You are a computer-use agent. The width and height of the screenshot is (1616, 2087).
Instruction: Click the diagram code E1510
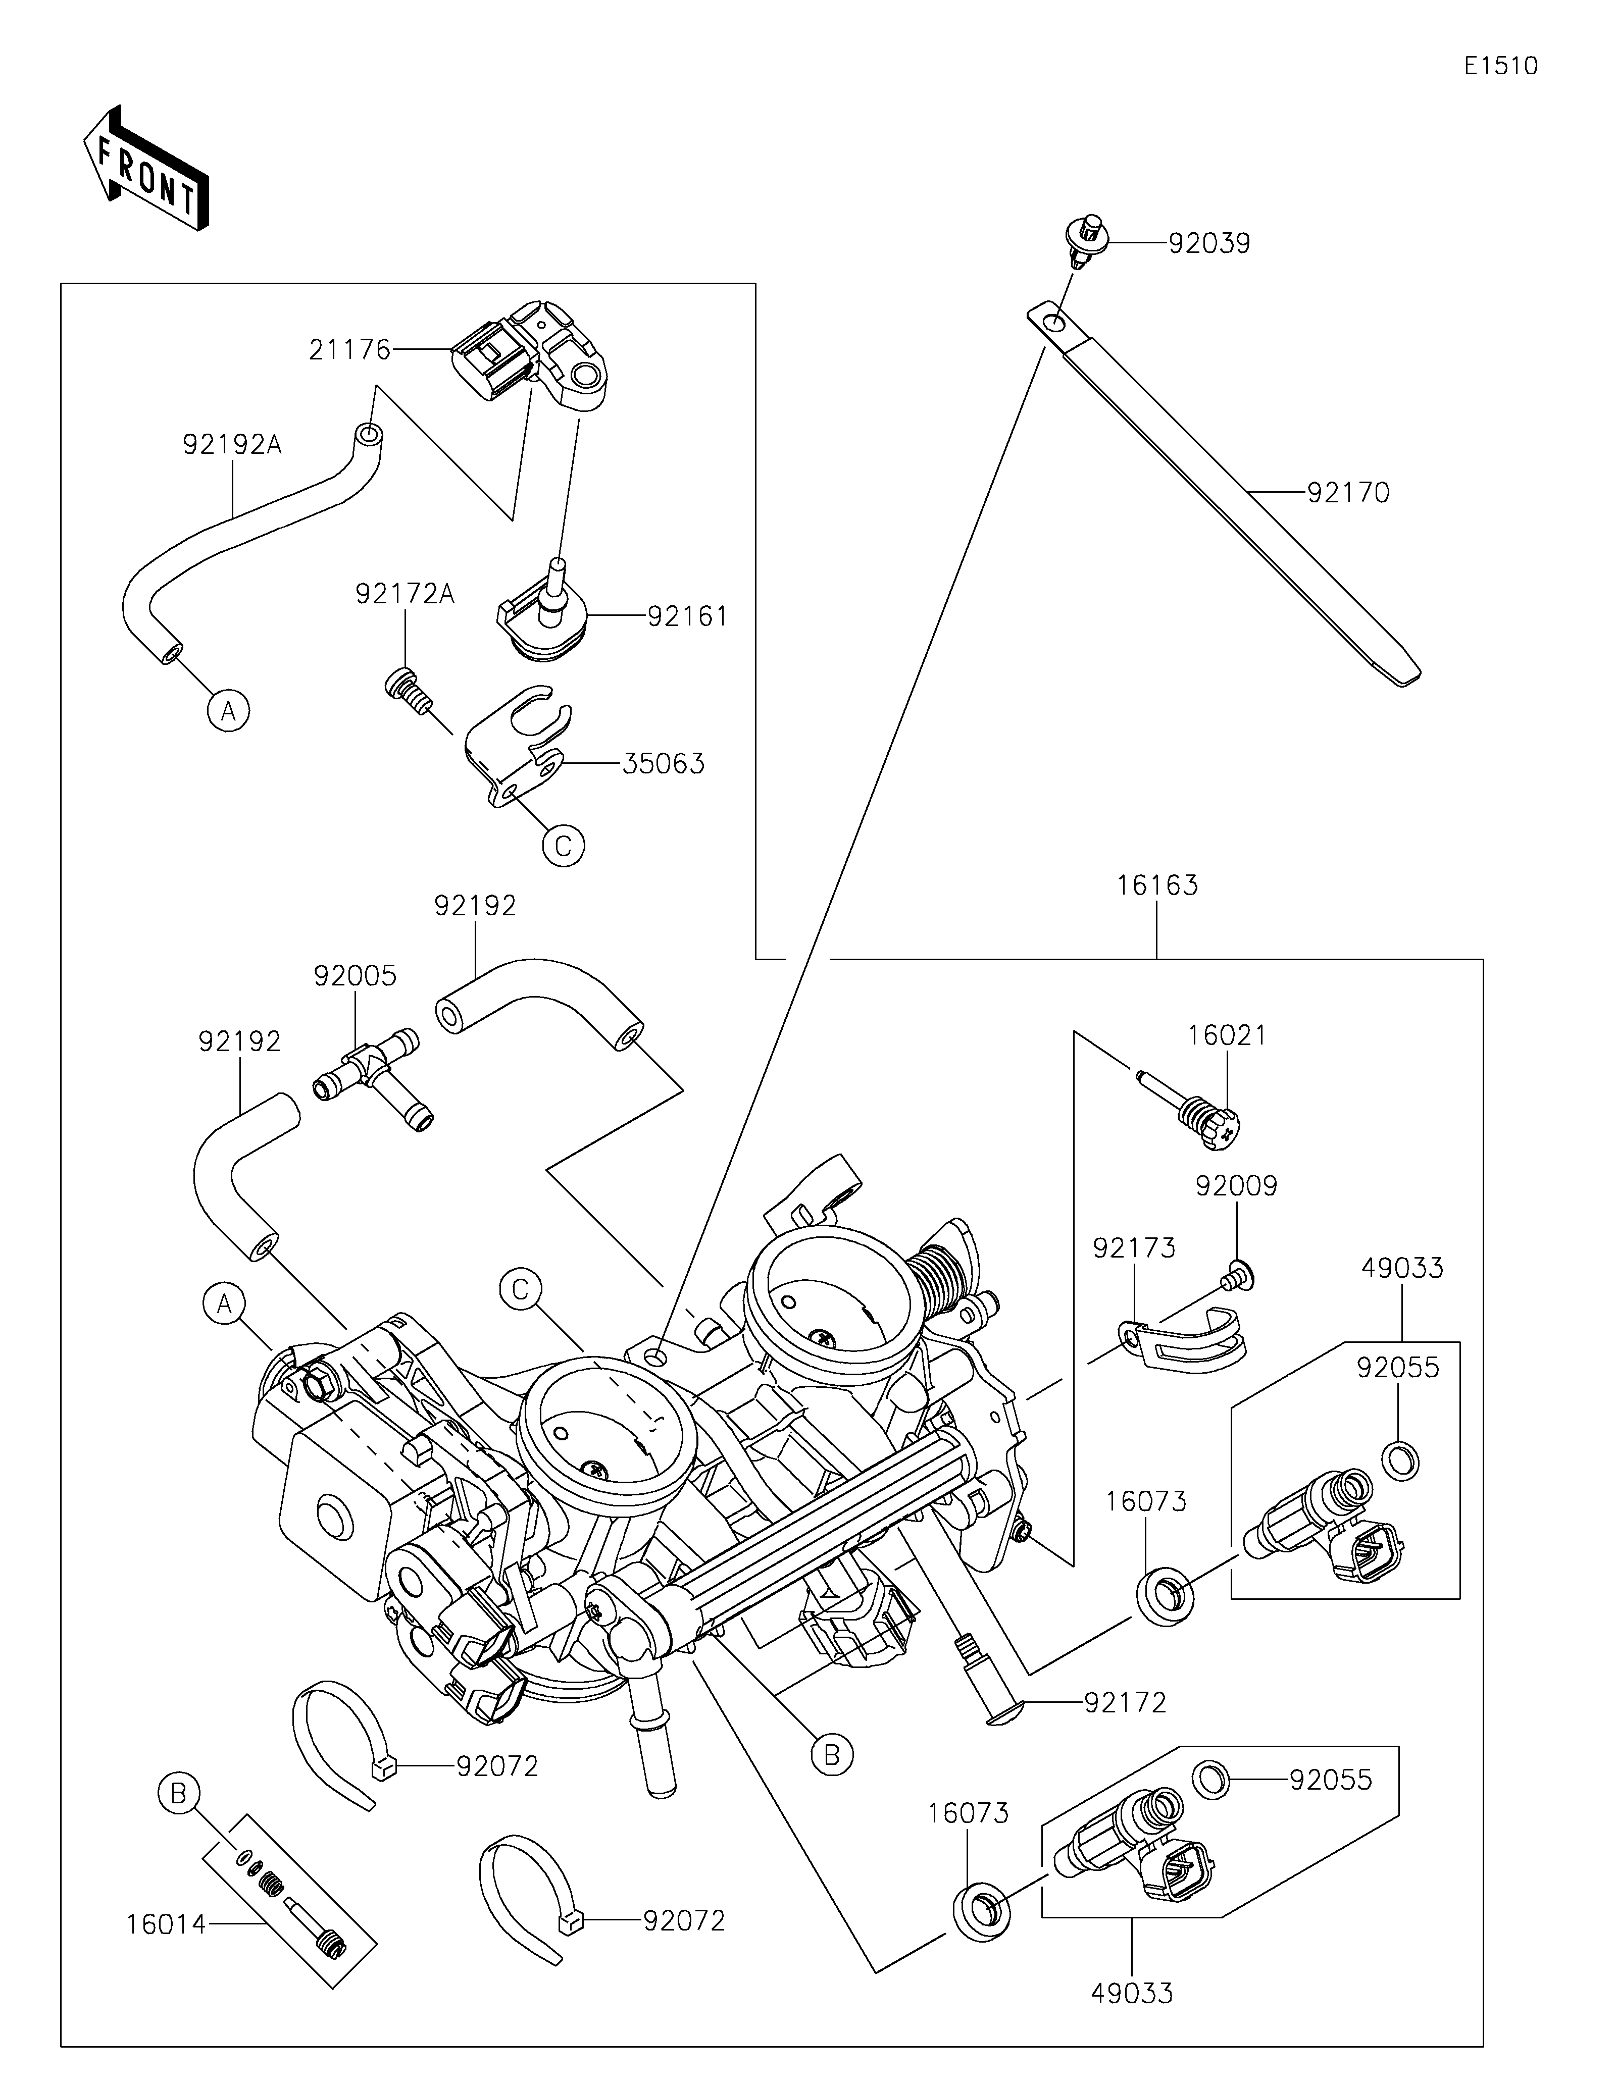[x=1500, y=66]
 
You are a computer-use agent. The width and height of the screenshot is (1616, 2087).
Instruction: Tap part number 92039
[x=1209, y=244]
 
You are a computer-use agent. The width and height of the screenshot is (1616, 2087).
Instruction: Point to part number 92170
[x=1348, y=493]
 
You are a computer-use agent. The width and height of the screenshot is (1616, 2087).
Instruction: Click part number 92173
[x=1134, y=1248]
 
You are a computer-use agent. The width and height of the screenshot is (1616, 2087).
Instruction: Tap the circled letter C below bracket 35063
[x=563, y=846]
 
